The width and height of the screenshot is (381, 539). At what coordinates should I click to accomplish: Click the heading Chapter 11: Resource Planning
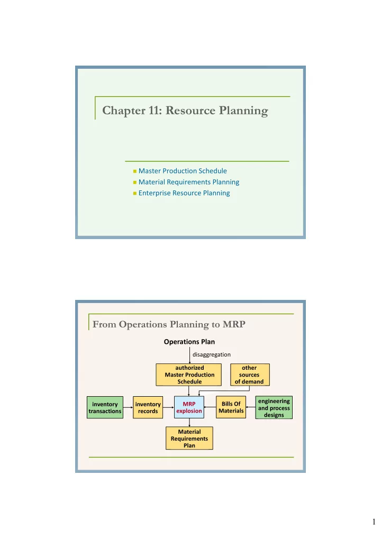[185, 111]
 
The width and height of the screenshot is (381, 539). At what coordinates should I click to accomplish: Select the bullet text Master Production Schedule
[183, 171]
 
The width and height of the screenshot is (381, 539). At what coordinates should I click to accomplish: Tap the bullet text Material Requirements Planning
[189, 182]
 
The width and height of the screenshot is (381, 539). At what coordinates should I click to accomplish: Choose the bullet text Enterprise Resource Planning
[184, 193]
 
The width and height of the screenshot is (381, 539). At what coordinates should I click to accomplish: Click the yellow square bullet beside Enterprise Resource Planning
[135, 194]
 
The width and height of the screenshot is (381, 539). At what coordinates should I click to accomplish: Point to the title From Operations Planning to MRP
[169, 324]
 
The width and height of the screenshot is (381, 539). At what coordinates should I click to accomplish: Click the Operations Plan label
[189, 342]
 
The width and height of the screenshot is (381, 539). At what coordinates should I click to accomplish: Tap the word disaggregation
[212, 354]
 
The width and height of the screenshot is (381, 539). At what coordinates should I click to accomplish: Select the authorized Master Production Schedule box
[189, 374]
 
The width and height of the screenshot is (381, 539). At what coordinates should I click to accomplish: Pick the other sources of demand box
[250, 374]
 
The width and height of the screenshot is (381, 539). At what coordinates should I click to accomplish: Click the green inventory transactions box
[105, 407]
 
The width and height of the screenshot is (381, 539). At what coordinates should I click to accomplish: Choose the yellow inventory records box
[148, 407]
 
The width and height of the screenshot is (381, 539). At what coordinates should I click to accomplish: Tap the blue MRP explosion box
[189, 407]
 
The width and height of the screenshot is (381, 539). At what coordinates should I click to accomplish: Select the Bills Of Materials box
[231, 407]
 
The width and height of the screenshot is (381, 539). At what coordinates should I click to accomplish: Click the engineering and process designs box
[274, 407]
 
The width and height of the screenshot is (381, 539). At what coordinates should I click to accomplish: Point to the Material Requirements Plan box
[189, 438]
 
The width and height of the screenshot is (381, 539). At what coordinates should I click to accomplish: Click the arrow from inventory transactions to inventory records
[128, 407]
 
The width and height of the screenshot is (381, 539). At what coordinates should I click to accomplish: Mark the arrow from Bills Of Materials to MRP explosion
[210, 407]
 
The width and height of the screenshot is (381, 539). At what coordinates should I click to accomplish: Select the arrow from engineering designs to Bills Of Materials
[251, 407]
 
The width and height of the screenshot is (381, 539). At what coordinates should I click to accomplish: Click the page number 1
[374, 522]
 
